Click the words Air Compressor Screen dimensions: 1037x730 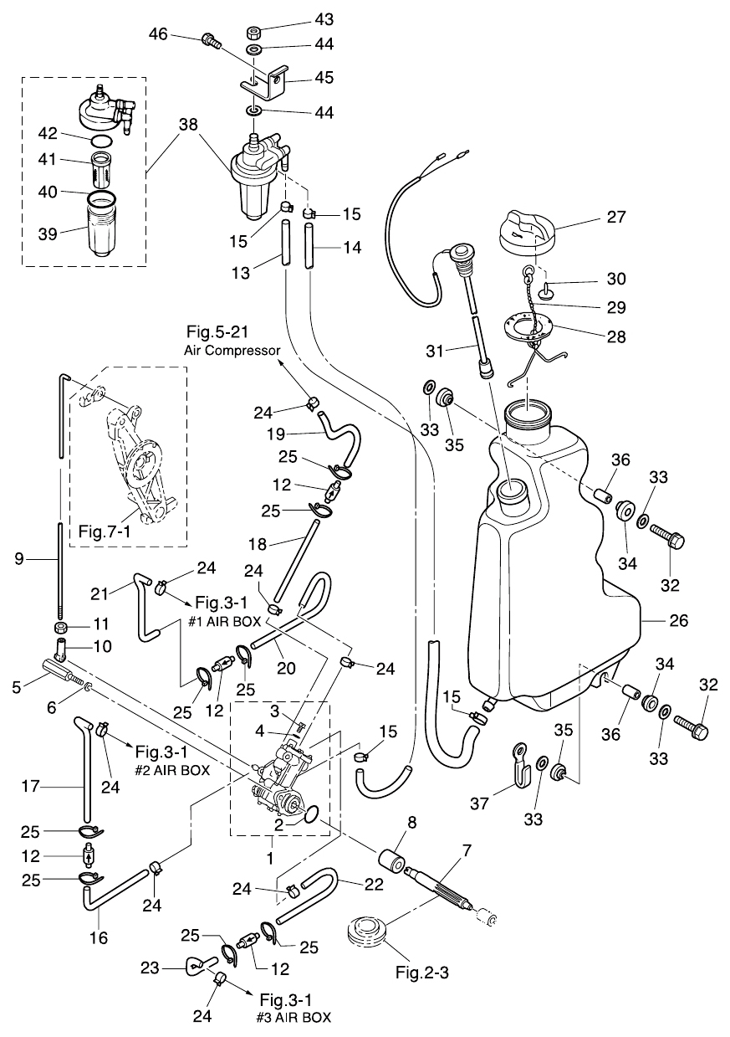coord(232,350)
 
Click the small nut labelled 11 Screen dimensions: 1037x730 coord(61,626)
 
